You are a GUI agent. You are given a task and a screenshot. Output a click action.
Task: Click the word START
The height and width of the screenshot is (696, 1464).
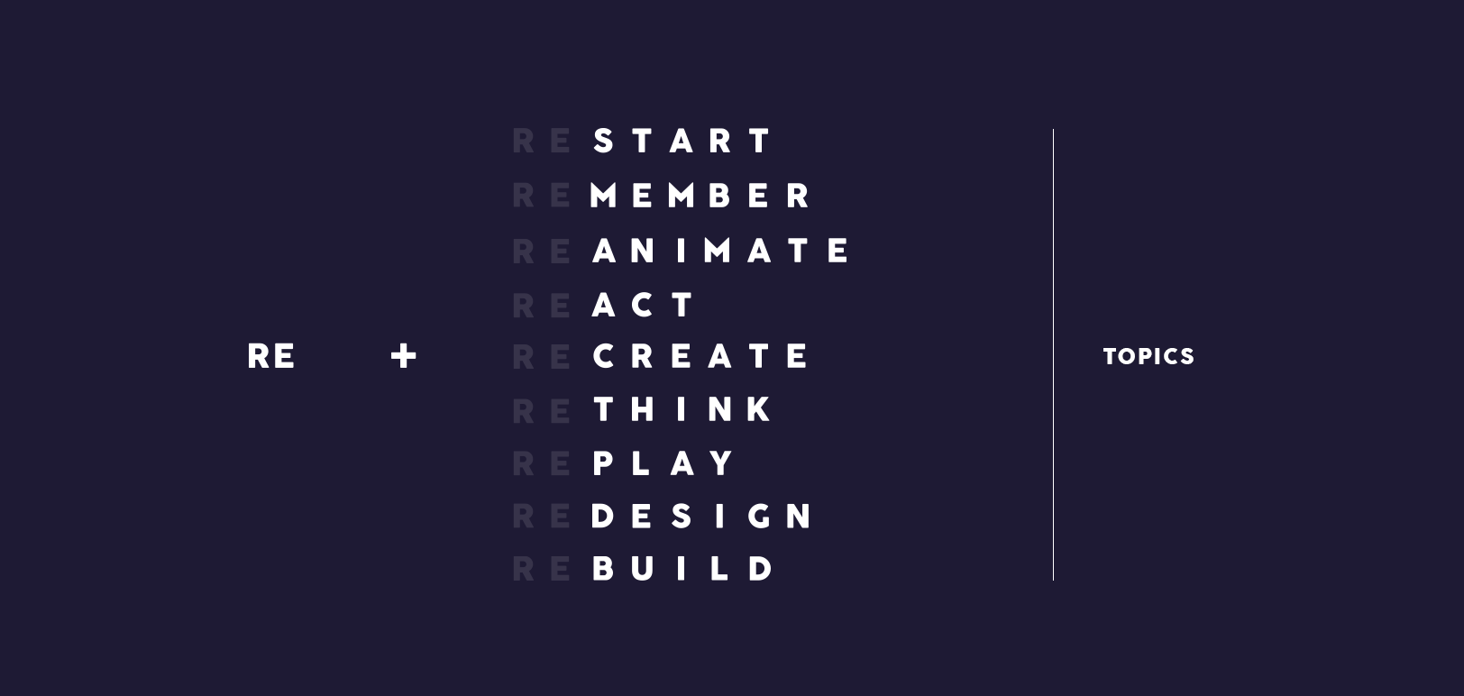682,141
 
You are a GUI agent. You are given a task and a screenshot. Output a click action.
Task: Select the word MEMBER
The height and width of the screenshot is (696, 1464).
700,196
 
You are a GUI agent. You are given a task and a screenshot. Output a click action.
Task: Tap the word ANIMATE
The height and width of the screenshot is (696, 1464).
721,251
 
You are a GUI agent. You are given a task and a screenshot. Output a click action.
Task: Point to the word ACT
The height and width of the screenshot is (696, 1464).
643,305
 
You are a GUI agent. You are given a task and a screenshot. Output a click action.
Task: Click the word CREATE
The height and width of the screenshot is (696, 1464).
700,356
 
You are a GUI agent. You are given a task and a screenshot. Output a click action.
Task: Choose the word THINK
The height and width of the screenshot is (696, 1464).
682,410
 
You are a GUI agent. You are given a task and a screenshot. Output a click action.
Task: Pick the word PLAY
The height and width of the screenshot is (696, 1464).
663,463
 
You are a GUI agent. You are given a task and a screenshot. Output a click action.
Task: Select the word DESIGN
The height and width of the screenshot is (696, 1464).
701,517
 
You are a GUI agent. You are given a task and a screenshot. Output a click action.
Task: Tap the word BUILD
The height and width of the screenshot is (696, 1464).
682,569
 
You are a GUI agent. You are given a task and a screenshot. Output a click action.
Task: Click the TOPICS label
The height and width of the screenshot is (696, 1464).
1148,356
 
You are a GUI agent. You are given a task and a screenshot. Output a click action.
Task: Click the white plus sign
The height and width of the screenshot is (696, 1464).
403,356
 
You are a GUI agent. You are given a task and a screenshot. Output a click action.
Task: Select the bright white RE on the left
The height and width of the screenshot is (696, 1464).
270,356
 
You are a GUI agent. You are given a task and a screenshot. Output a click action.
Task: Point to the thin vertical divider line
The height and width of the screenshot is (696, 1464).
1053,355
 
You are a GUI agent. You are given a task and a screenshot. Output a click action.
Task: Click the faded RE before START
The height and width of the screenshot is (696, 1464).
542,141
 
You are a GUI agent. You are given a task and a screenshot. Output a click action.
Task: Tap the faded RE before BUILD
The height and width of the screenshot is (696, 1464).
542,569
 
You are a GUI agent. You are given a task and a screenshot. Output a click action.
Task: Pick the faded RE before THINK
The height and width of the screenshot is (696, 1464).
542,411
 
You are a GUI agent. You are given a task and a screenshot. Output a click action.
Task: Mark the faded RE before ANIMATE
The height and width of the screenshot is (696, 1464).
542,252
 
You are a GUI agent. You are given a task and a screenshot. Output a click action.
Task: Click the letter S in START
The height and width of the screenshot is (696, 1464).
603,141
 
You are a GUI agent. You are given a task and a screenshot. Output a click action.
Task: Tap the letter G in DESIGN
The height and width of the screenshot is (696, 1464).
759,517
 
